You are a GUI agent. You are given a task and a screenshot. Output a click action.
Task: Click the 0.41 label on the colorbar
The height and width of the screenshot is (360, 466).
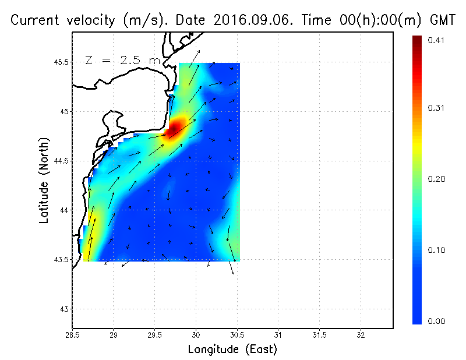pos(436,40)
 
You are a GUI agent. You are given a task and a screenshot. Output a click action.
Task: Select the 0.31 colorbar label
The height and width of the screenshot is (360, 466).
pos(436,108)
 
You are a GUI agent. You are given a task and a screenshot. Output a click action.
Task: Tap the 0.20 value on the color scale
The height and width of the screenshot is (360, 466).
pos(436,179)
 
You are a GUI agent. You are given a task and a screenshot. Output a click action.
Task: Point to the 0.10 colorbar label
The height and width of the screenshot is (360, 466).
pos(436,250)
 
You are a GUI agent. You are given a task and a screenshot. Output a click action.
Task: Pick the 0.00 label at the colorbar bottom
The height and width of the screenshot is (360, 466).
pos(436,321)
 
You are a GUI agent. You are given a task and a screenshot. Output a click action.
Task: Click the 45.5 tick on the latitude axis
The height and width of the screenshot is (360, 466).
pos(61,62)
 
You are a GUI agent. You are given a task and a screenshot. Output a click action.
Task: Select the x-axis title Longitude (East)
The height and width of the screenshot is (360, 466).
pos(232,350)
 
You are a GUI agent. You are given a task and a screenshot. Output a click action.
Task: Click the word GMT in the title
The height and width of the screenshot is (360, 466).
pos(441,20)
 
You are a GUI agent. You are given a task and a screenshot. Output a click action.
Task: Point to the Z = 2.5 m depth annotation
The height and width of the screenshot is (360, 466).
pos(122,60)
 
